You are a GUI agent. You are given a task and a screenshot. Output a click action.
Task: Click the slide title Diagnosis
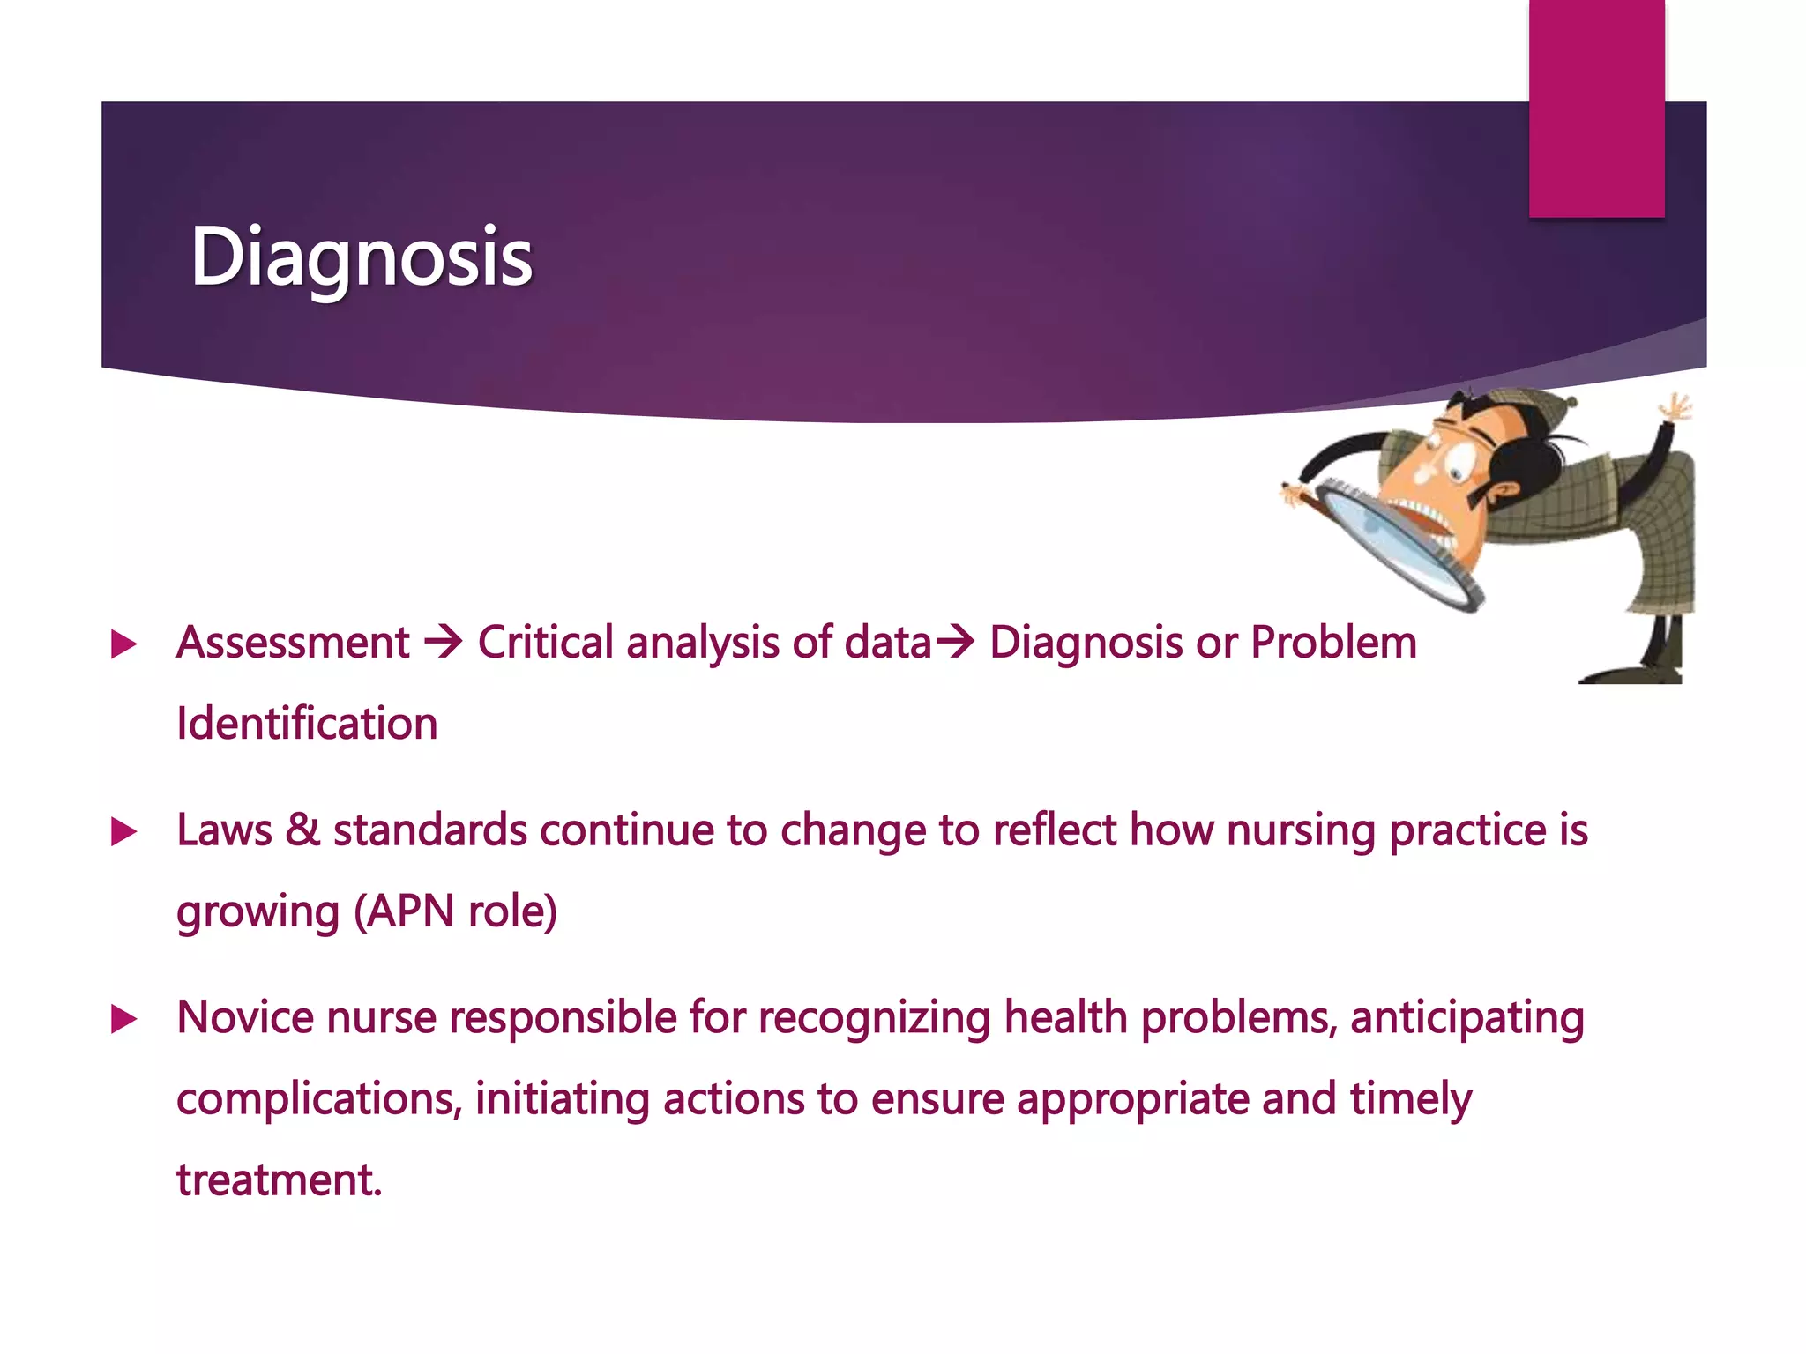(362, 257)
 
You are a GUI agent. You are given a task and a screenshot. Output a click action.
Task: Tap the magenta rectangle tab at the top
(1596, 108)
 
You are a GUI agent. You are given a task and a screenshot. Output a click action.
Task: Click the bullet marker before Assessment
(124, 644)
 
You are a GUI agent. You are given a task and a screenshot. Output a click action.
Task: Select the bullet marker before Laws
(124, 831)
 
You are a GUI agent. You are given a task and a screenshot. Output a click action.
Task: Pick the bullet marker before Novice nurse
(124, 1020)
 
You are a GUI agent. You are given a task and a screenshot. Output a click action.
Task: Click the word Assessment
(293, 643)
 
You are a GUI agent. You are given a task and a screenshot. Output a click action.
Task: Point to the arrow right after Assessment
(443, 642)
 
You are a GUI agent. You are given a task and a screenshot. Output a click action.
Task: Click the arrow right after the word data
(954, 642)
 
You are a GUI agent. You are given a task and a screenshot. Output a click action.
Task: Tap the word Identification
(307, 724)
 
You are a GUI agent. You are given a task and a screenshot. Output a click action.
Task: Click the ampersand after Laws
(302, 830)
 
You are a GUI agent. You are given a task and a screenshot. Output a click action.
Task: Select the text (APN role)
(455, 911)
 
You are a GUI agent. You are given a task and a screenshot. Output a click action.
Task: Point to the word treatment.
(279, 1180)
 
